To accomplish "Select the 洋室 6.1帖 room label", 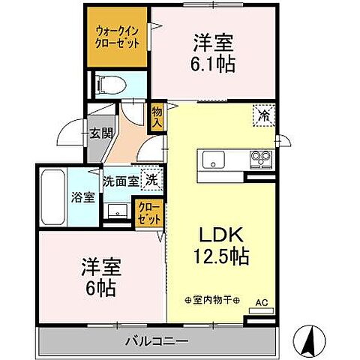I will point(214,53).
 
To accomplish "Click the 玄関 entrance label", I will point(100,134).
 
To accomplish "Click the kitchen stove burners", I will point(261,159).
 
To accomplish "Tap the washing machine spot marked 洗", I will point(151,180).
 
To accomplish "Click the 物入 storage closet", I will point(157,116).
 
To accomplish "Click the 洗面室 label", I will point(121,181).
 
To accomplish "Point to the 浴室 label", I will point(83,198).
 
